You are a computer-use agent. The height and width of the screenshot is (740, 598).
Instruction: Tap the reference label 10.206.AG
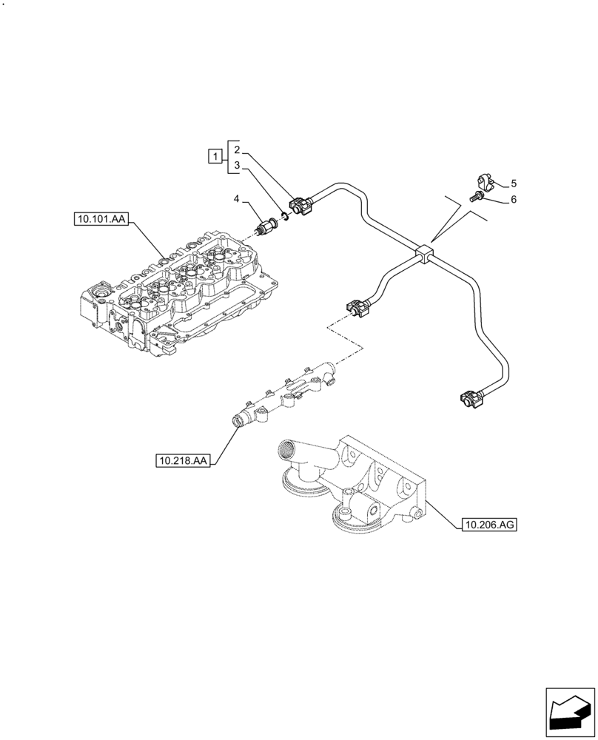488,525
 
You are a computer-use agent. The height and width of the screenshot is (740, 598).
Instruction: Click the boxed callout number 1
215,156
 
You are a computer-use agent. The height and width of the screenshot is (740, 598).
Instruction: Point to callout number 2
236,149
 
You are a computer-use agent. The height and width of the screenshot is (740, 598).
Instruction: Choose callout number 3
236,166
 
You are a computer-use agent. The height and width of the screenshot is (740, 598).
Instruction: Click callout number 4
237,198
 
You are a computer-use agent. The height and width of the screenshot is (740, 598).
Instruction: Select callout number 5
513,183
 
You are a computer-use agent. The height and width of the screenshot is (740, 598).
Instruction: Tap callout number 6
513,199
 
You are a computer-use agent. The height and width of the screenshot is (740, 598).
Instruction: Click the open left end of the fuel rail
238,422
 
